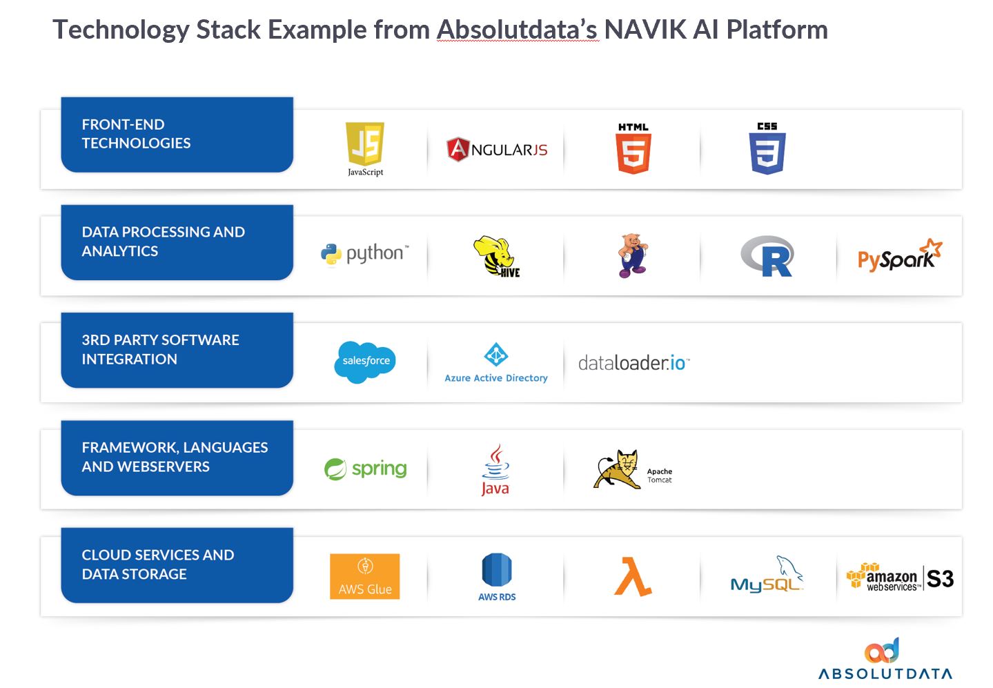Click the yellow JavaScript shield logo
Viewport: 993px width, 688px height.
(x=365, y=144)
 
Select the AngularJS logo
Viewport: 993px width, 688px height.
(x=497, y=149)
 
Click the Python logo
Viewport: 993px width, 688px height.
(x=365, y=254)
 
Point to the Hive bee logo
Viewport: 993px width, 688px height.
(x=496, y=256)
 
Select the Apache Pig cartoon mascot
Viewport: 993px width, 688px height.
(x=632, y=255)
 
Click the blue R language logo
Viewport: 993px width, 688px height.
(x=767, y=256)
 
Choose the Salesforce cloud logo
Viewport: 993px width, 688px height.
(x=365, y=362)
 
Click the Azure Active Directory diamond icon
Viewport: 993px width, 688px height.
(x=496, y=355)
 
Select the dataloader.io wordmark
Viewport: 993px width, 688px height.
(x=633, y=362)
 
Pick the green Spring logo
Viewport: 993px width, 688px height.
(x=365, y=469)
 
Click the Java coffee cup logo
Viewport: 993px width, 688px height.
(x=495, y=469)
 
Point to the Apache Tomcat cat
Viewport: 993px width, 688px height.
(x=618, y=470)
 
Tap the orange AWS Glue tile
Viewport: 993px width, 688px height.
(x=365, y=576)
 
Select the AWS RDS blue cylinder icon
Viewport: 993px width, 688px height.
(x=497, y=571)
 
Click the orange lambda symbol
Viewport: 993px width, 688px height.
(x=633, y=577)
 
